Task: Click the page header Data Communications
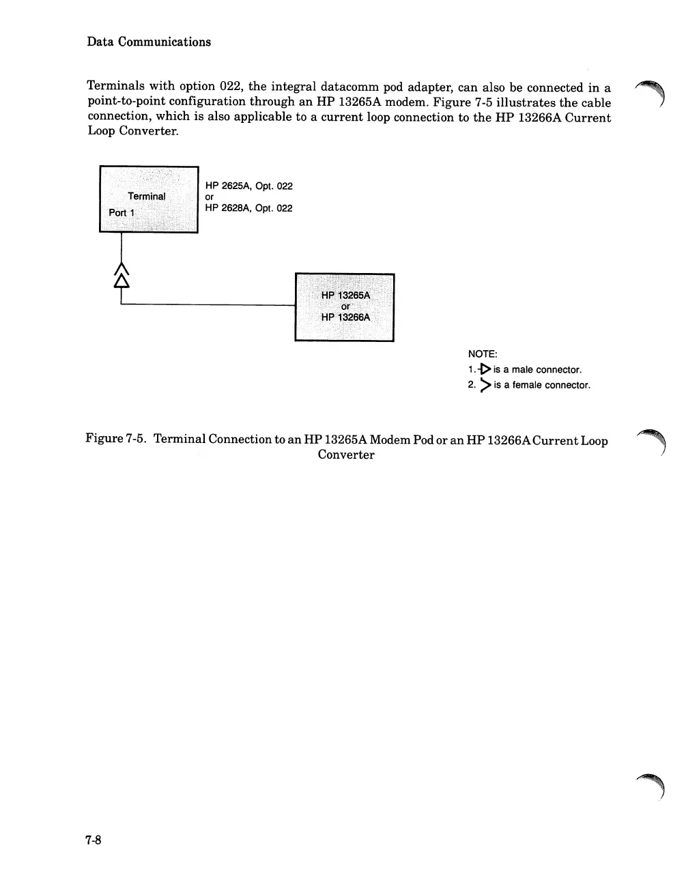click(149, 42)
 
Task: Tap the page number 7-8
click(94, 840)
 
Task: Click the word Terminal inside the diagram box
click(147, 196)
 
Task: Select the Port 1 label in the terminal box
click(122, 212)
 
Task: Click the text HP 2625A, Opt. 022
click(248, 186)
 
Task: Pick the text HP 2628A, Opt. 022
click(248, 208)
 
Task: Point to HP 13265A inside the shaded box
click(345, 295)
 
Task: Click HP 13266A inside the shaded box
click(345, 317)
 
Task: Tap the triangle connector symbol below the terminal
click(122, 280)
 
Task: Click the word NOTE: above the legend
click(483, 354)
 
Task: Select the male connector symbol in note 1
click(485, 369)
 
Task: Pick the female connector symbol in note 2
click(485, 385)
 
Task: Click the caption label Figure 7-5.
click(115, 438)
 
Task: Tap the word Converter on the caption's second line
click(346, 455)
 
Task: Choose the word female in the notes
click(527, 385)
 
